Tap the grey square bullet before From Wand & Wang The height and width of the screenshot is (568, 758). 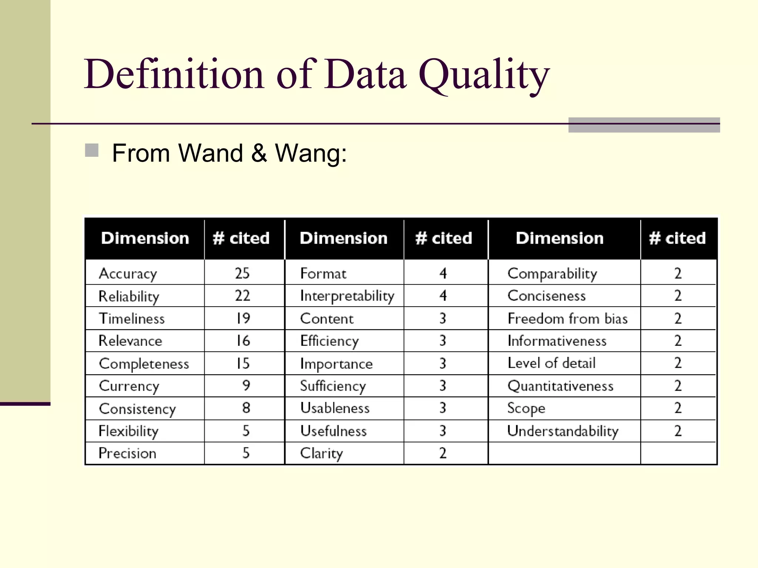[x=92, y=151]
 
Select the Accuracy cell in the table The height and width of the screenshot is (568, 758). [x=128, y=274]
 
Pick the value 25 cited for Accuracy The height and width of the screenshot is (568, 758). [x=242, y=273]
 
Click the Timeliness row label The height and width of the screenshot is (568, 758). [x=132, y=318]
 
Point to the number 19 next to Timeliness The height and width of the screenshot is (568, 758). [x=243, y=318]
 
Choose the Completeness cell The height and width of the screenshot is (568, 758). [x=144, y=364]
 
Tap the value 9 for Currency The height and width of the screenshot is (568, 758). [x=246, y=386]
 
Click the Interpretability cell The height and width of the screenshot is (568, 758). [x=347, y=296]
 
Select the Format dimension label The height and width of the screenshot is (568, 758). [x=323, y=274]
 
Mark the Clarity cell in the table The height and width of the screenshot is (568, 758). [x=321, y=453]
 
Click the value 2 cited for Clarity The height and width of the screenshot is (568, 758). [x=443, y=453]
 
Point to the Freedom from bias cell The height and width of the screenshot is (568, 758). [x=567, y=318]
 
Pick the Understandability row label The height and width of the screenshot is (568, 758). [x=563, y=431]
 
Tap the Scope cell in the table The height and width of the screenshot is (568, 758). [x=526, y=408]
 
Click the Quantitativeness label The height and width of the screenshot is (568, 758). [x=560, y=386]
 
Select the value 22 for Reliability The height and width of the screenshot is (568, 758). [x=242, y=296]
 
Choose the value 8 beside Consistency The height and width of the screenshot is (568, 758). [x=246, y=408]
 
